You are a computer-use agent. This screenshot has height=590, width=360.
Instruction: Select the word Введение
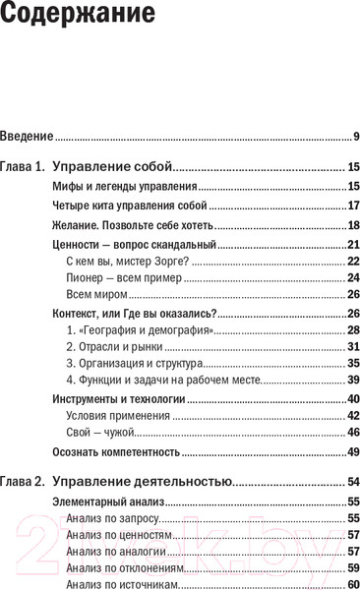tap(27, 136)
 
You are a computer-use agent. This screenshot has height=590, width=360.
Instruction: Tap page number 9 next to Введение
tap(355, 136)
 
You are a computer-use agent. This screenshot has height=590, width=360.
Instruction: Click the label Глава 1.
tap(23, 166)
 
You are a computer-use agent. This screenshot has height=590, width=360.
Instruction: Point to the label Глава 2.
tap(23, 482)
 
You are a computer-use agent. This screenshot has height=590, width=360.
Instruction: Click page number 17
tap(353, 206)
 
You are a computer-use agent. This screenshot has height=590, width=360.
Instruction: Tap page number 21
tap(353, 245)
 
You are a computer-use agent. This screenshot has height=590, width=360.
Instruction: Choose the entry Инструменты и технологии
tap(117, 399)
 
